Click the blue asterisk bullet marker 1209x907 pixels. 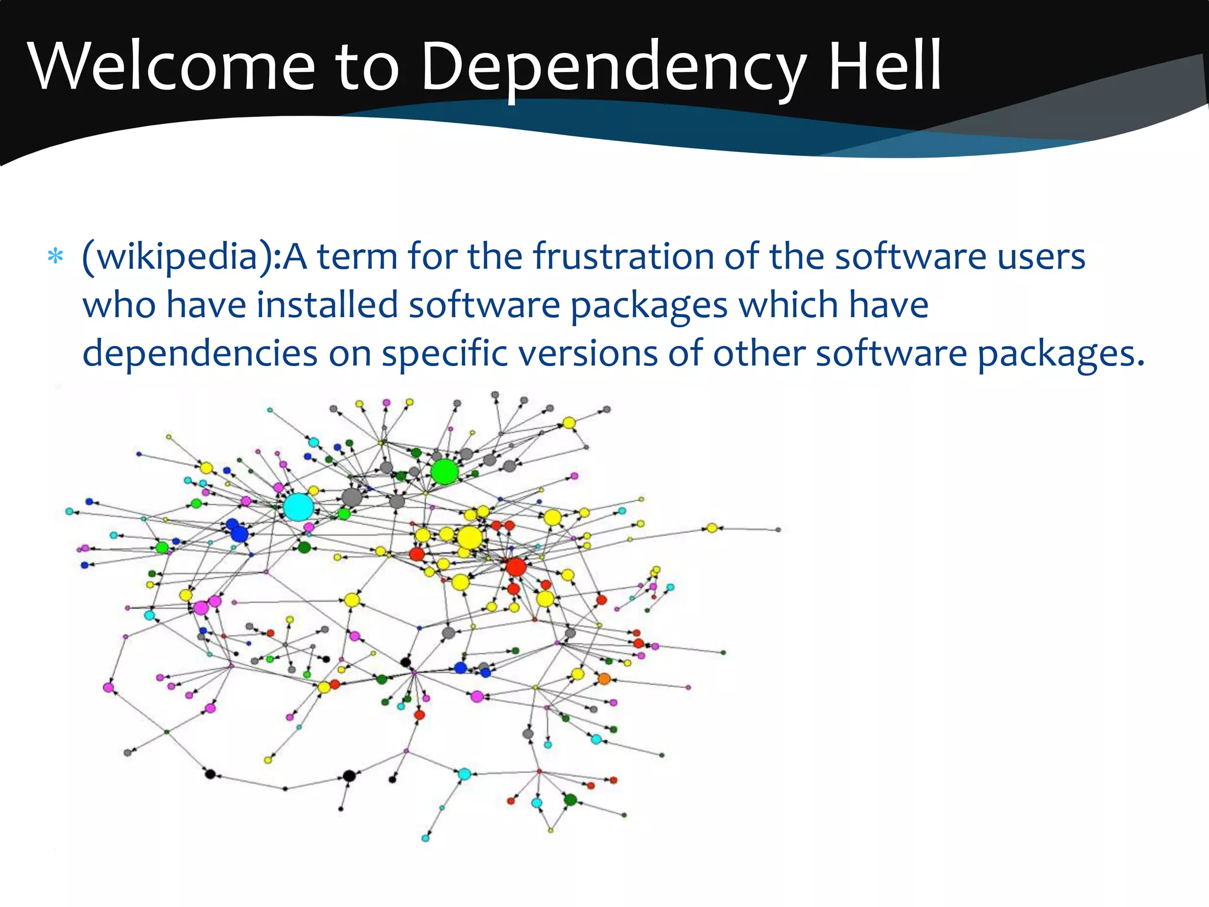tap(55, 257)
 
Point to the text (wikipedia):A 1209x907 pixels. tap(194, 257)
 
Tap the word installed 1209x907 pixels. tap(328, 305)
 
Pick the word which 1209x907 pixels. tap(789, 305)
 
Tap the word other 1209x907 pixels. tap(759, 354)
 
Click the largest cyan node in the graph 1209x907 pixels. tap(298, 507)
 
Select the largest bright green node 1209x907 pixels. tap(445, 472)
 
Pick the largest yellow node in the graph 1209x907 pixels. tap(469, 538)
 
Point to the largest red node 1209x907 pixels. tap(516, 567)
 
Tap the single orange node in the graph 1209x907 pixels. tap(604, 679)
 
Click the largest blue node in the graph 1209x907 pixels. tap(239, 534)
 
